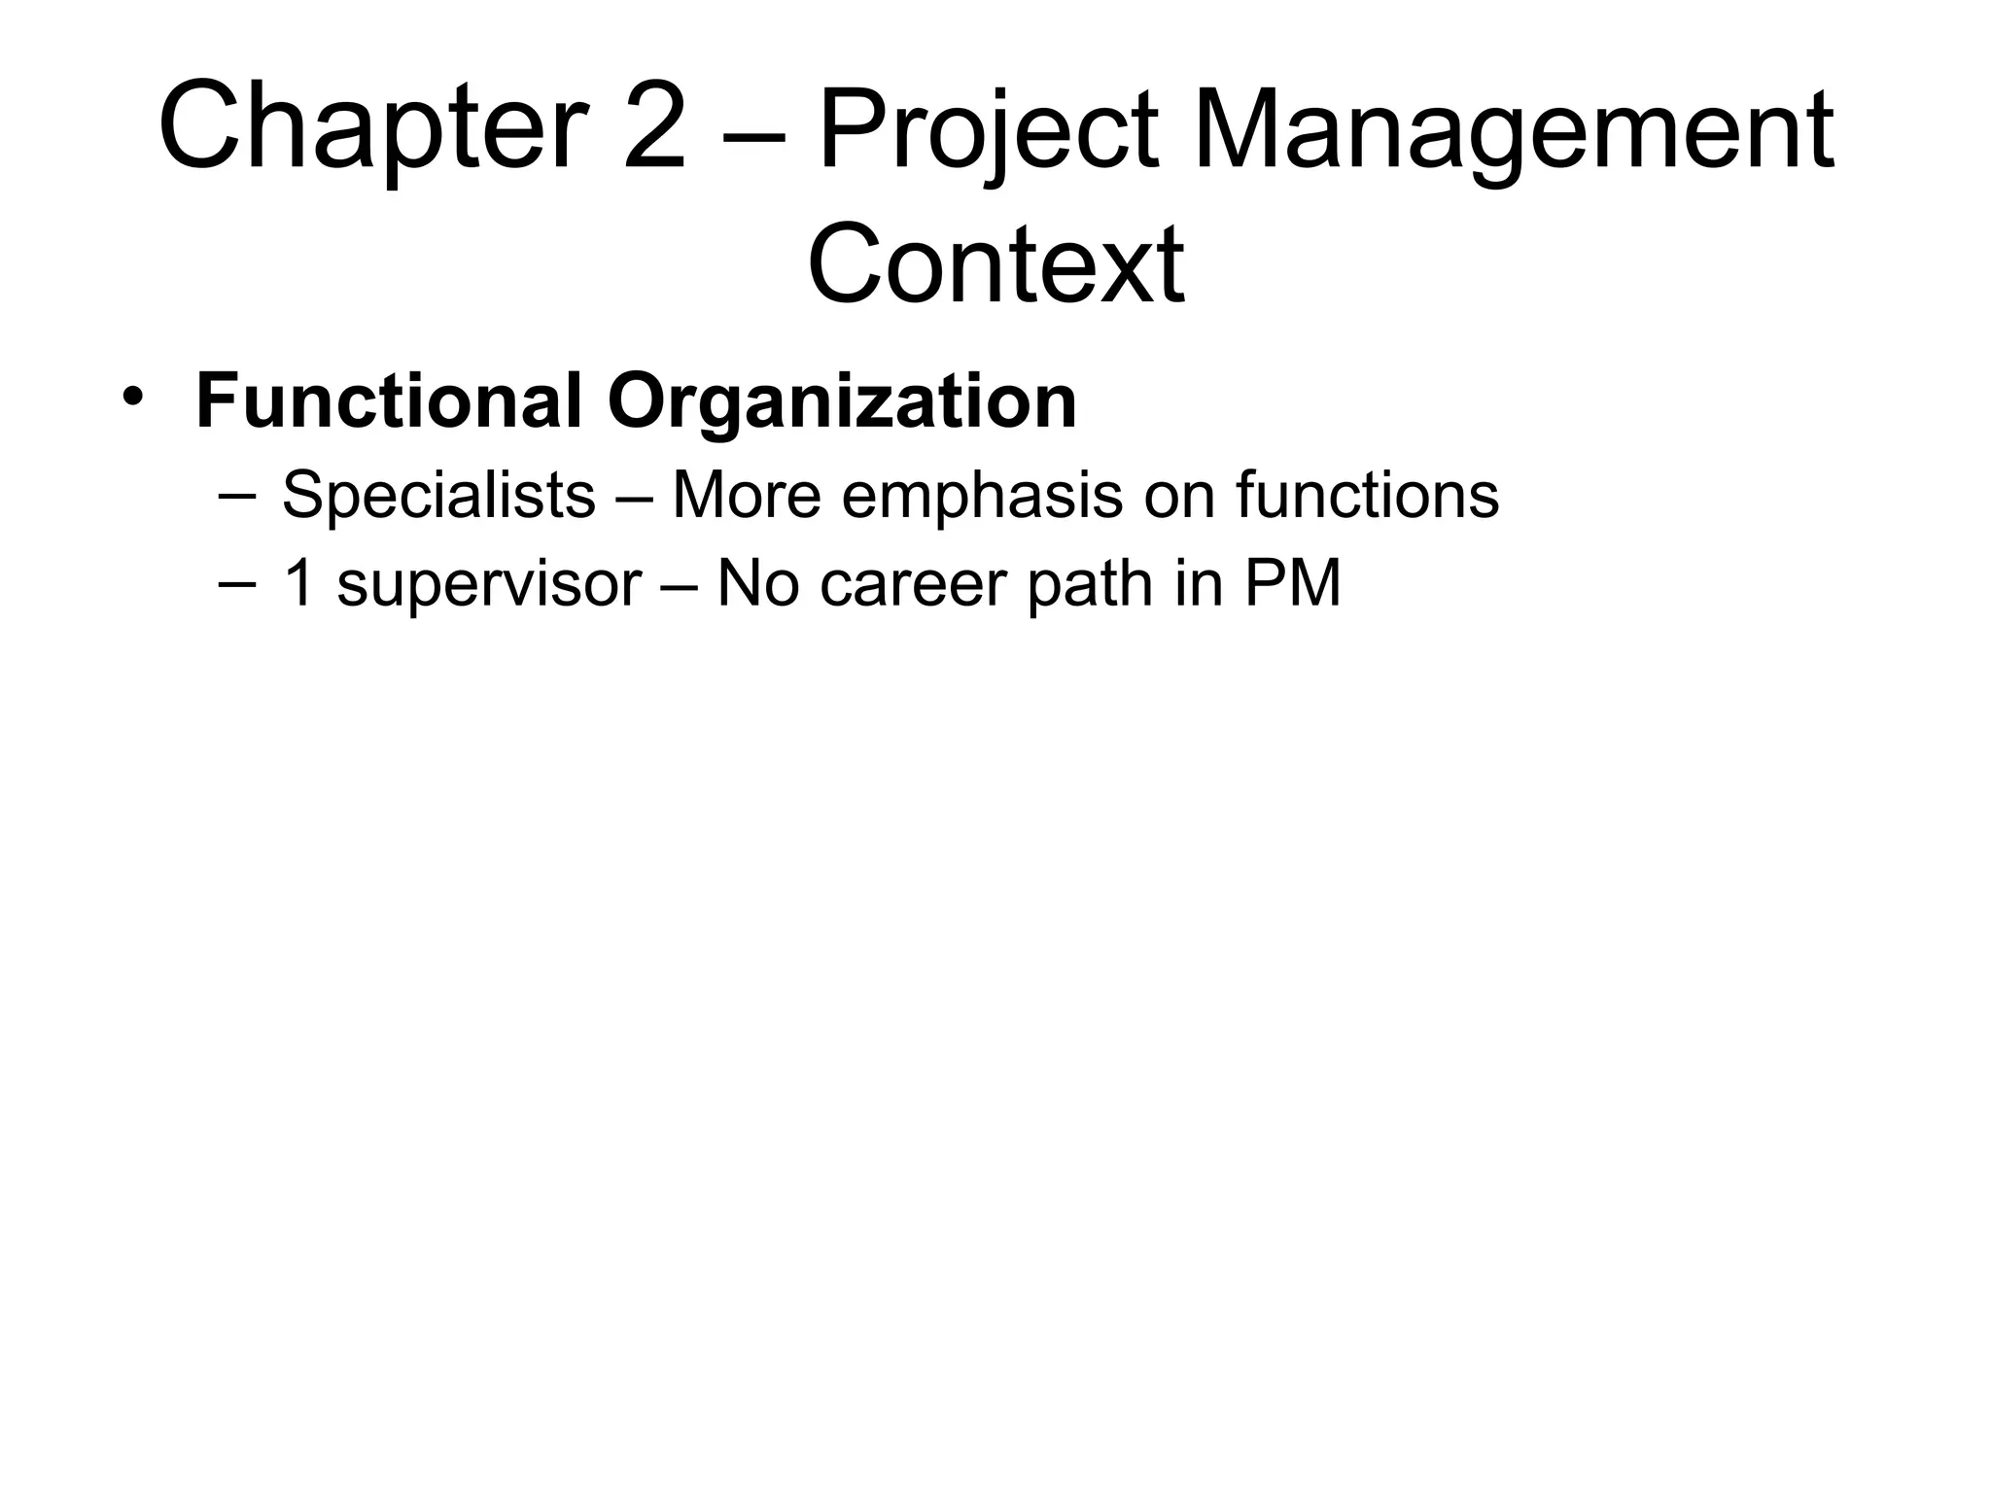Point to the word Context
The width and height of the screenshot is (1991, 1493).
(995, 262)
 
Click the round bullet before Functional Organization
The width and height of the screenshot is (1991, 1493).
(132, 399)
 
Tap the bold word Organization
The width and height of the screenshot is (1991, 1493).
(843, 402)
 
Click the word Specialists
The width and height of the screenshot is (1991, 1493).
(438, 495)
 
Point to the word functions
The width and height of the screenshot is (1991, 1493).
(1368, 495)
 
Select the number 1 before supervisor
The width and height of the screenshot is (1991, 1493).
(297, 584)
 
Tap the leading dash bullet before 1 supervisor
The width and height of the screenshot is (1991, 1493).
(238, 584)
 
